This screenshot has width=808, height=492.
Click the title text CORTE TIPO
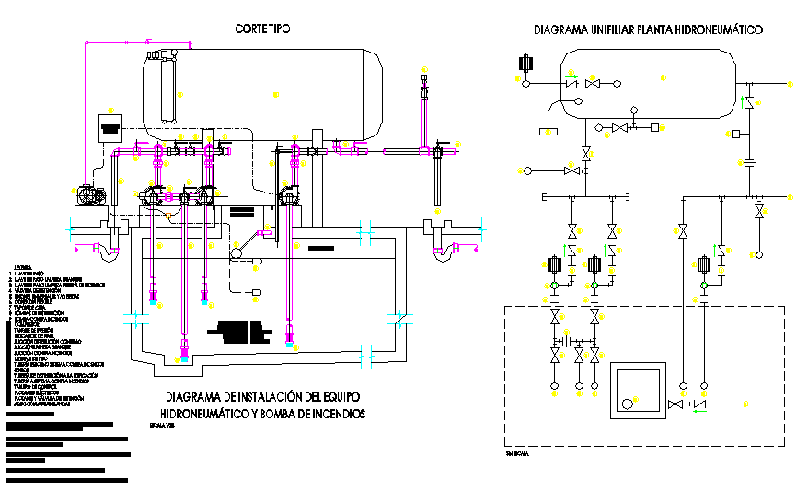(x=262, y=29)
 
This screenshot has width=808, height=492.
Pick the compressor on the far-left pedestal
(x=89, y=196)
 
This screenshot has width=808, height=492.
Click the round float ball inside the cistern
(x=237, y=253)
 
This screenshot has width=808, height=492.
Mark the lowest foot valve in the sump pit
(x=185, y=355)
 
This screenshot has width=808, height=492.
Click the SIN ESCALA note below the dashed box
(x=518, y=453)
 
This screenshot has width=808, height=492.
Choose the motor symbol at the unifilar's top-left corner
(x=526, y=64)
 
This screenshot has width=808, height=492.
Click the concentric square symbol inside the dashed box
(x=637, y=392)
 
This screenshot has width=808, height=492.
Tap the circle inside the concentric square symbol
(x=628, y=403)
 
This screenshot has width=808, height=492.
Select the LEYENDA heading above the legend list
(x=21, y=266)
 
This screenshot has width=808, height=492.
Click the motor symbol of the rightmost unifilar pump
(x=704, y=265)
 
